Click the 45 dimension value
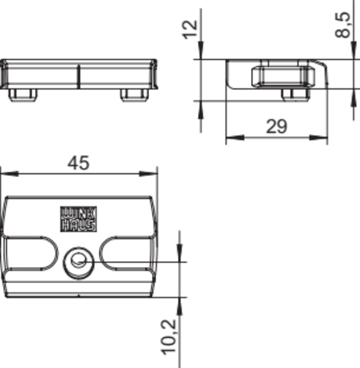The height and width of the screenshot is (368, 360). pyautogui.click(x=78, y=163)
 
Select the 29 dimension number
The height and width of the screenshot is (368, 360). pyautogui.click(x=276, y=127)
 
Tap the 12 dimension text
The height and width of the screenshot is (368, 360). pyautogui.click(x=190, y=29)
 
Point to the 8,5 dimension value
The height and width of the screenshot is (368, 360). pyautogui.click(x=342, y=25)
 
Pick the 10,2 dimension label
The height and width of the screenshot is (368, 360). pyautogui.click(x=170, y=337)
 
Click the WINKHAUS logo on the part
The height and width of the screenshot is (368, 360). pyautogui.click(x=78, y=219)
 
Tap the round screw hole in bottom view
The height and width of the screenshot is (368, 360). pyautogui.click(x=78, y=263)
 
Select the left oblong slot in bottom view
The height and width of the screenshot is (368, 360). pyautogui.click(x=31, y=253)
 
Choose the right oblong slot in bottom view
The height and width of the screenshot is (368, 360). pyautogui.click(x=126, y=253)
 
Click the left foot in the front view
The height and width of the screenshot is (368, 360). pyautogui.click(x=23, y=95)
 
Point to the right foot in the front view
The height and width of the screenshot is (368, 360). pyautogui.click(x=135, y=95)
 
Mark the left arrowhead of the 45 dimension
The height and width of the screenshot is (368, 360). pyautogui.click(x=9, y=174)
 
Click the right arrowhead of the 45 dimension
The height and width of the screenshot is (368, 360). pyautogui.click(x=148, y=174)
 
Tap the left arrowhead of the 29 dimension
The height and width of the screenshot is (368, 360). pyautogui.click(x=235, y=137)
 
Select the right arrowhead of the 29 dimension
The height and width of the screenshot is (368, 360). pyautogui.click(x=319, y=137)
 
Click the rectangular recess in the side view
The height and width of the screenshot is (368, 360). pyautogui.click(x=283, y=76)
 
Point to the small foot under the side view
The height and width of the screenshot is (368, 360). pyautogui.click(x=296, y=94)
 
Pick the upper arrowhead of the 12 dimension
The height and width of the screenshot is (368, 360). pyautogui.click(x=201, y=50)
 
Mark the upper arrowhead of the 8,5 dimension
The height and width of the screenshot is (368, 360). pyautogui.click(x=353, y=51)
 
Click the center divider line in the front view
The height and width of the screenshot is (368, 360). pyautogui.click(x=78, y=76)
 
